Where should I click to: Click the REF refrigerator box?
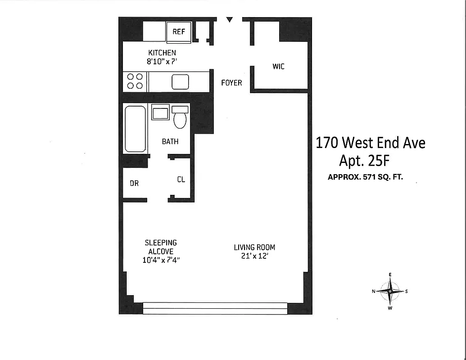[x=179, y=32]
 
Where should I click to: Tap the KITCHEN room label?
[x=162, y=53]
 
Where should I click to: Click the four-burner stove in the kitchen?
[x=135, y=81]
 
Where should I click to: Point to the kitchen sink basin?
[x=180, y=82]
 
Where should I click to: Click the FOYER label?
[x=231, y=83]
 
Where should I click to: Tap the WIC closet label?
[x=278, y=67]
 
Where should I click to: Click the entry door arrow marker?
[x=230, y=19]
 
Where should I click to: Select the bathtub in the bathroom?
[x=135, y=129]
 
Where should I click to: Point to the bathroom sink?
[x=160, y=112]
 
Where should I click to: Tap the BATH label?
[x=170, y=141]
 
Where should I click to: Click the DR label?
[x=134, y=183]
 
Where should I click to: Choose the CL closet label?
[x=181, y=180]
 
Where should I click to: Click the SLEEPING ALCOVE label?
[x=161, y=247]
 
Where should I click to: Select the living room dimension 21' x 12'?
[x=254, y=256]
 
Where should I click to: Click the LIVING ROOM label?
[x=254, y=247]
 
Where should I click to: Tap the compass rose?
[x=390, y=291]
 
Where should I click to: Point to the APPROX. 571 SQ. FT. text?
[x=365, y=177]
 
